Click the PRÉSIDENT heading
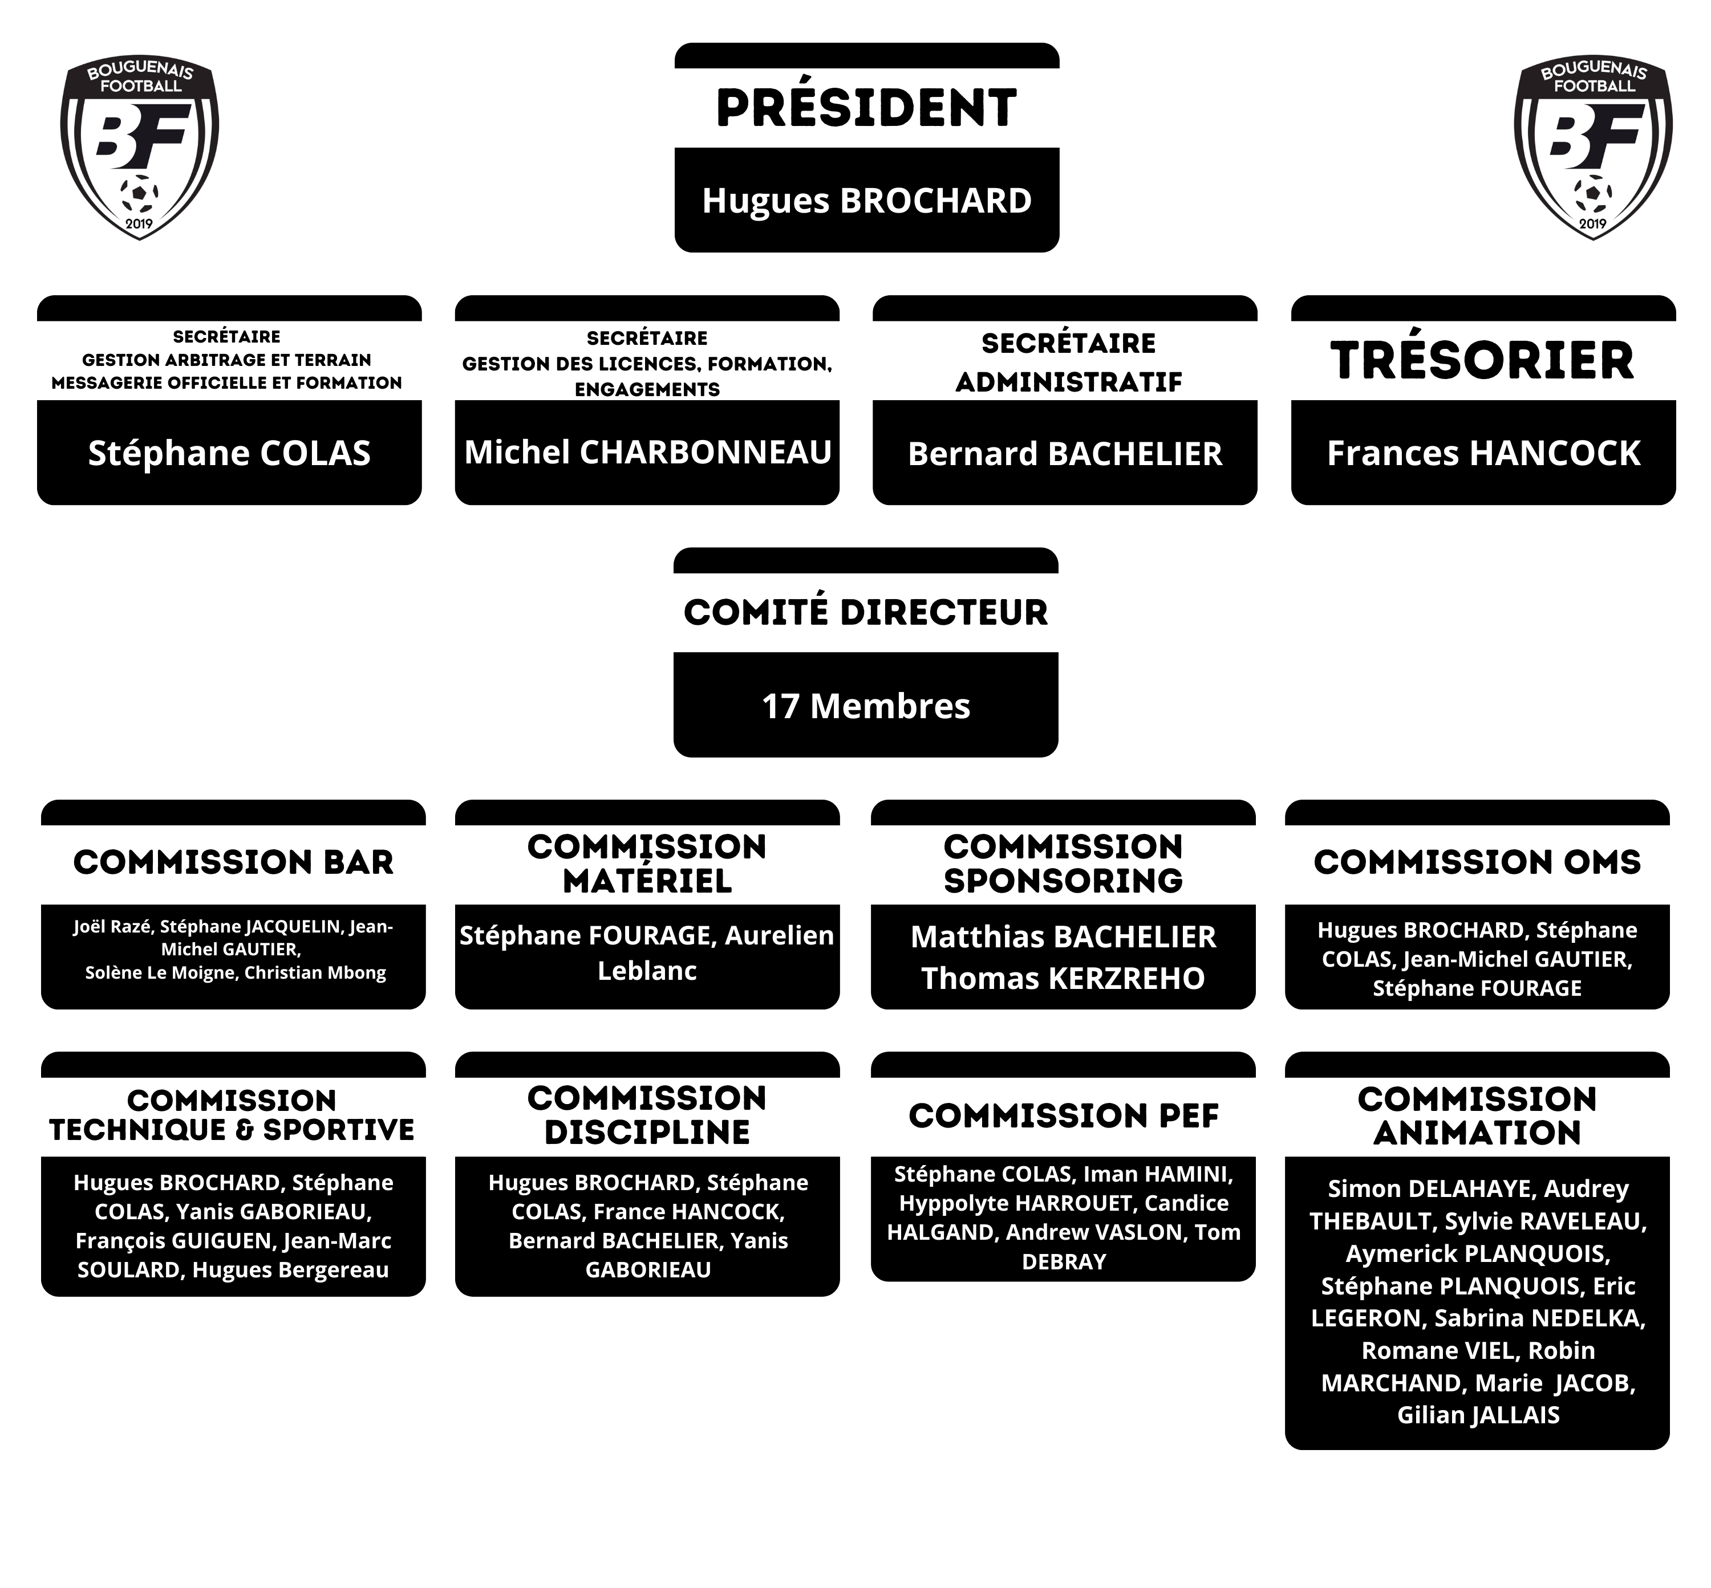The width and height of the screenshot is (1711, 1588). (x=866, y=108)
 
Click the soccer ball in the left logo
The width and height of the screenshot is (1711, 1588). (x=139, y=193)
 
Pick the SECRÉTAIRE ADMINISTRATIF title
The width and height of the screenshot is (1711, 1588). (x=1068, y=362)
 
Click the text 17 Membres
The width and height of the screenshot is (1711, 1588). (x=866, y=706)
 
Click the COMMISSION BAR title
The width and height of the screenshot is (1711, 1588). (x=233, y=862)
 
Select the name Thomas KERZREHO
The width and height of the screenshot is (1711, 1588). (x=1063, y=978)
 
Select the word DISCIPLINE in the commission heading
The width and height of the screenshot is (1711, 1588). (x=647, y=1133)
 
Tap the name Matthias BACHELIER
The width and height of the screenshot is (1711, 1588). (x=1063, y=936)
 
